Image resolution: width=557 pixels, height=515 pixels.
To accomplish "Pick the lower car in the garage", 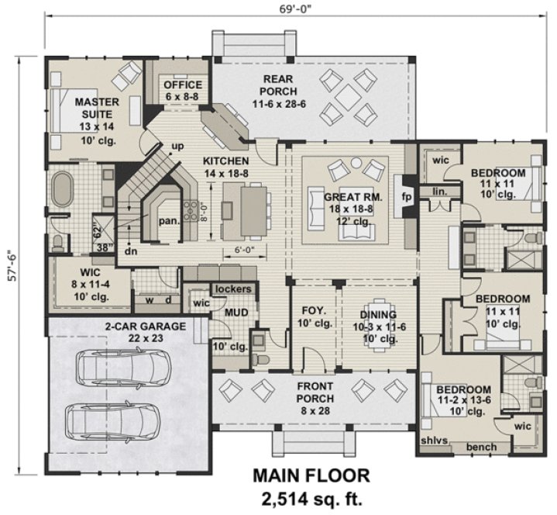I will pos(112,420).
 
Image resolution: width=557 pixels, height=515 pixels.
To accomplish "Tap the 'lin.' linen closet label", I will pos(441,190).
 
